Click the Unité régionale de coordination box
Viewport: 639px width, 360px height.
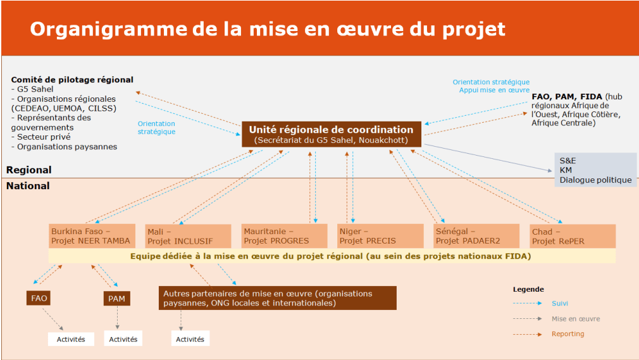pyautogui.click(x=332, y=134)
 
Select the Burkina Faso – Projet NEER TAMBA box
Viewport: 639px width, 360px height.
pyautogui.click(x=92, y=236)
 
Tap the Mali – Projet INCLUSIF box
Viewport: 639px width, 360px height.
pyautogui.click(x=189, y=236)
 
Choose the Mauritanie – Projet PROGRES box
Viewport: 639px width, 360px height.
pyautogui.click(x=284, y=236)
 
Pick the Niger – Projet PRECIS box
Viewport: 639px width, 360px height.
pyautogui.click(x=380, y=236)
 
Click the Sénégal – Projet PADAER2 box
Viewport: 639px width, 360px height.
pyautogui.click(x=476, y=236)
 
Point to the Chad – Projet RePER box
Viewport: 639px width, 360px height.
pyautogui.click(x=573, y=236)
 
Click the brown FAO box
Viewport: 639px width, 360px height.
pyautogui.click(x=39, y=298)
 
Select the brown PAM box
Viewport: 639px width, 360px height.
pyautogui.click(x=116, y=299)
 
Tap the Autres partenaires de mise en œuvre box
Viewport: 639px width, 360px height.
pyautogui.click(x=278, y=298)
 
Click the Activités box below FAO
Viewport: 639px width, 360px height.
pyautogui.click(x=71, y=339)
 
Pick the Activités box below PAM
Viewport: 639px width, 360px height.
pyautogui.click(x=123, y=338)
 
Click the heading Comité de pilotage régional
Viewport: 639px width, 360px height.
pyautogui.click(x=72, y=80)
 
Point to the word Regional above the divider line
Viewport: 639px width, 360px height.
pyautogui.click(x=29, y=170)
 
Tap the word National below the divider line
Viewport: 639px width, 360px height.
pyautogui.click(x=28, y=185)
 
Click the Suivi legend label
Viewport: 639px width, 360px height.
pyautogui.click(x=560, y=303)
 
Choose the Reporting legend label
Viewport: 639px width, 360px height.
pyautogui.click(x=568, y=334)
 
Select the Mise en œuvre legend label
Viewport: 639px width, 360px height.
pyautogui.click(x=576, y=319)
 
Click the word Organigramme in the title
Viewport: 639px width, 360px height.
pyautogui.click(x=109, y=29)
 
